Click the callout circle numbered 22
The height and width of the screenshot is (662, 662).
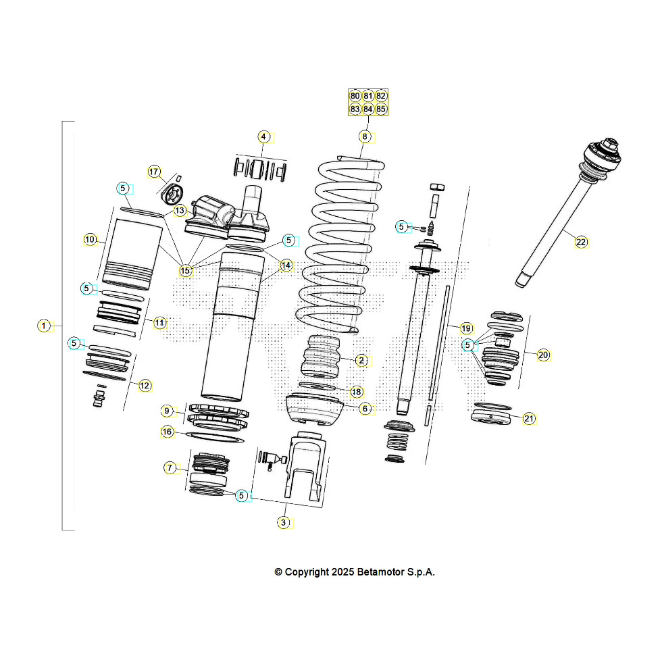581,243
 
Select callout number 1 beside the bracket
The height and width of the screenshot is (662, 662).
43,326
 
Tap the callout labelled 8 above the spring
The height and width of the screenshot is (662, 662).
365,136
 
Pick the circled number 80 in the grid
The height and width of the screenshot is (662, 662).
355,96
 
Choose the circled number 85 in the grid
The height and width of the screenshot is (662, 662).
381,109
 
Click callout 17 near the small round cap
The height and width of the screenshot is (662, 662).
154,172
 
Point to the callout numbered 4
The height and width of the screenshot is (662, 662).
264,136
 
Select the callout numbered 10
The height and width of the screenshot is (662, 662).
90,239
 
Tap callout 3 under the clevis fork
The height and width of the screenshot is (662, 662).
284,522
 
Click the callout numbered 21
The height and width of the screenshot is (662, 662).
529,419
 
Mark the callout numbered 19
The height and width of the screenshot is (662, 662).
466,328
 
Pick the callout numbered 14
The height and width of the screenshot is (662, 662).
286,265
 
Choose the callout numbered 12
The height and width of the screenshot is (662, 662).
145,386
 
